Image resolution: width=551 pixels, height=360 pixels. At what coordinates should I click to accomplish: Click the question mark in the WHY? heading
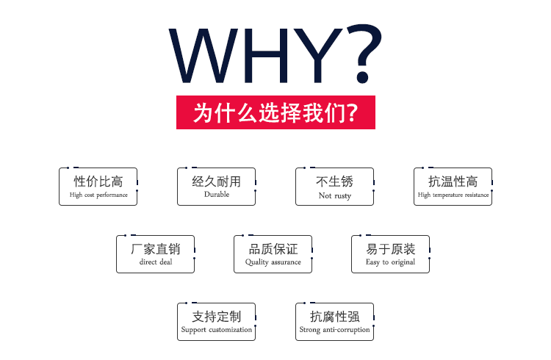pos(365,53)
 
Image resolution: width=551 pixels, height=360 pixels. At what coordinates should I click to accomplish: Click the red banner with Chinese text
pos(275,112)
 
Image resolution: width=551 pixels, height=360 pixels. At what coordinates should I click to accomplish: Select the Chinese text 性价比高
pos(98,181)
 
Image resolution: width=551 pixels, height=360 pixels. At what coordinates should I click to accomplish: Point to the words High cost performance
pos(98,195)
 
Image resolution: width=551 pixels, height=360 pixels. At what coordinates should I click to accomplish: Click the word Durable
pos(217,194)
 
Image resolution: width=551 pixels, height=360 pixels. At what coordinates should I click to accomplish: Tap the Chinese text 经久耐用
pos(217,181)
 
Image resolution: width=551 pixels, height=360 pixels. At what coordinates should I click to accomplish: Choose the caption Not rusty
pos(335,195)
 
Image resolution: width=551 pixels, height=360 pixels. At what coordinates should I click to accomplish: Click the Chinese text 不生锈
pos(334,181)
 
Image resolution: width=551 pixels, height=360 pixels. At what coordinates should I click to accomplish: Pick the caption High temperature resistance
pos(453,195)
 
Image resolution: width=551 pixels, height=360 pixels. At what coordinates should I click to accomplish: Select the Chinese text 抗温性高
pos(453,181)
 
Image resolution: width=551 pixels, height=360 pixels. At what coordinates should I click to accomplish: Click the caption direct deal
pos(156,262)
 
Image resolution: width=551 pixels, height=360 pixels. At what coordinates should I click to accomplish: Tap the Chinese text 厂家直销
pos(156,249)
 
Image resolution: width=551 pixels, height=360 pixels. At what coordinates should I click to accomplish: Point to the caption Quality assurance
pos(273,262)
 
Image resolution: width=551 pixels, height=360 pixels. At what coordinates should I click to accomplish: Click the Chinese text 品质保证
pos(273,249)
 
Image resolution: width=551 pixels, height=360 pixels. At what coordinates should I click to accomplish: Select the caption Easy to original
pos(390,262)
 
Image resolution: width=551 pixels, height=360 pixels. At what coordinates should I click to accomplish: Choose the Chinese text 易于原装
pos(391,249)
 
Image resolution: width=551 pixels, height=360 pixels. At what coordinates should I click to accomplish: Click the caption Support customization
pos(217,330)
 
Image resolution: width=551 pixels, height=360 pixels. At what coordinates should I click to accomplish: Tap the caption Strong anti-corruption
pos(334,330)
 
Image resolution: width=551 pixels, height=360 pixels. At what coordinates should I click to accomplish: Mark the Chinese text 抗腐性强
pos(335,317)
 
